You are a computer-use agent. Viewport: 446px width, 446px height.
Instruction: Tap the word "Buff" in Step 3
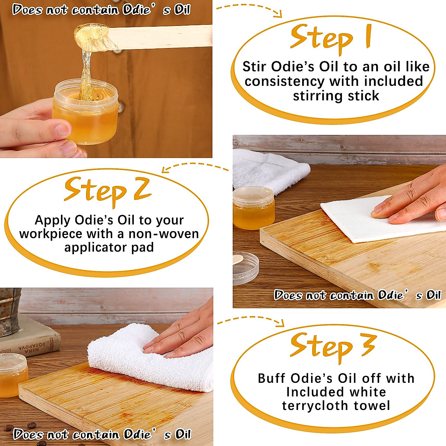pos(272,378)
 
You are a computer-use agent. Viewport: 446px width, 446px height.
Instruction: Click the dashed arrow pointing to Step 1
pos(249,9)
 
